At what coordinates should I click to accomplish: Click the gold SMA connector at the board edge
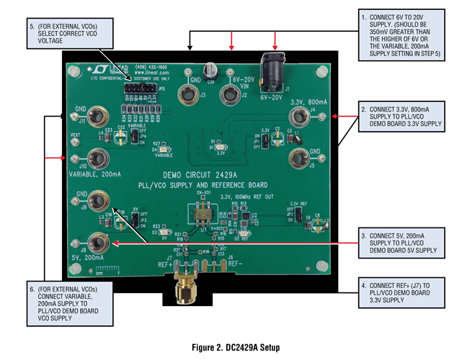[185, 290]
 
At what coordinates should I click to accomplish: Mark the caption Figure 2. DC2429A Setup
[231, 347]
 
